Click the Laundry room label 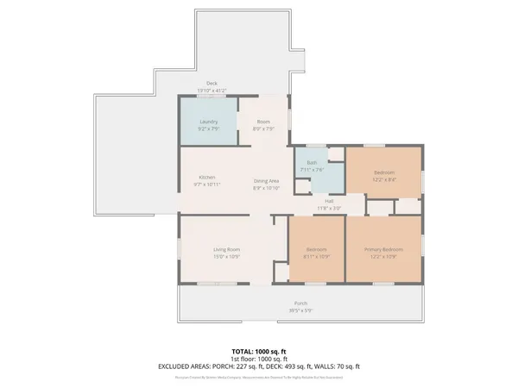pos(208,122)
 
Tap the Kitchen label pos(207,178)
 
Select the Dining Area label pos(265,180)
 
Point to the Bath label pos(312,162)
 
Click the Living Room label pos(226,250)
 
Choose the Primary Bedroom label pos(383,250)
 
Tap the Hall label pos(329,201)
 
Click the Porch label pos(300,304)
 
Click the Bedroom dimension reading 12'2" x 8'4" pos(384,179)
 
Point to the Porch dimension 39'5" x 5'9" pos(300,310)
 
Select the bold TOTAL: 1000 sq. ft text pos(258,352)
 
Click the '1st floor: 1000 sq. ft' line pos(258,359)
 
